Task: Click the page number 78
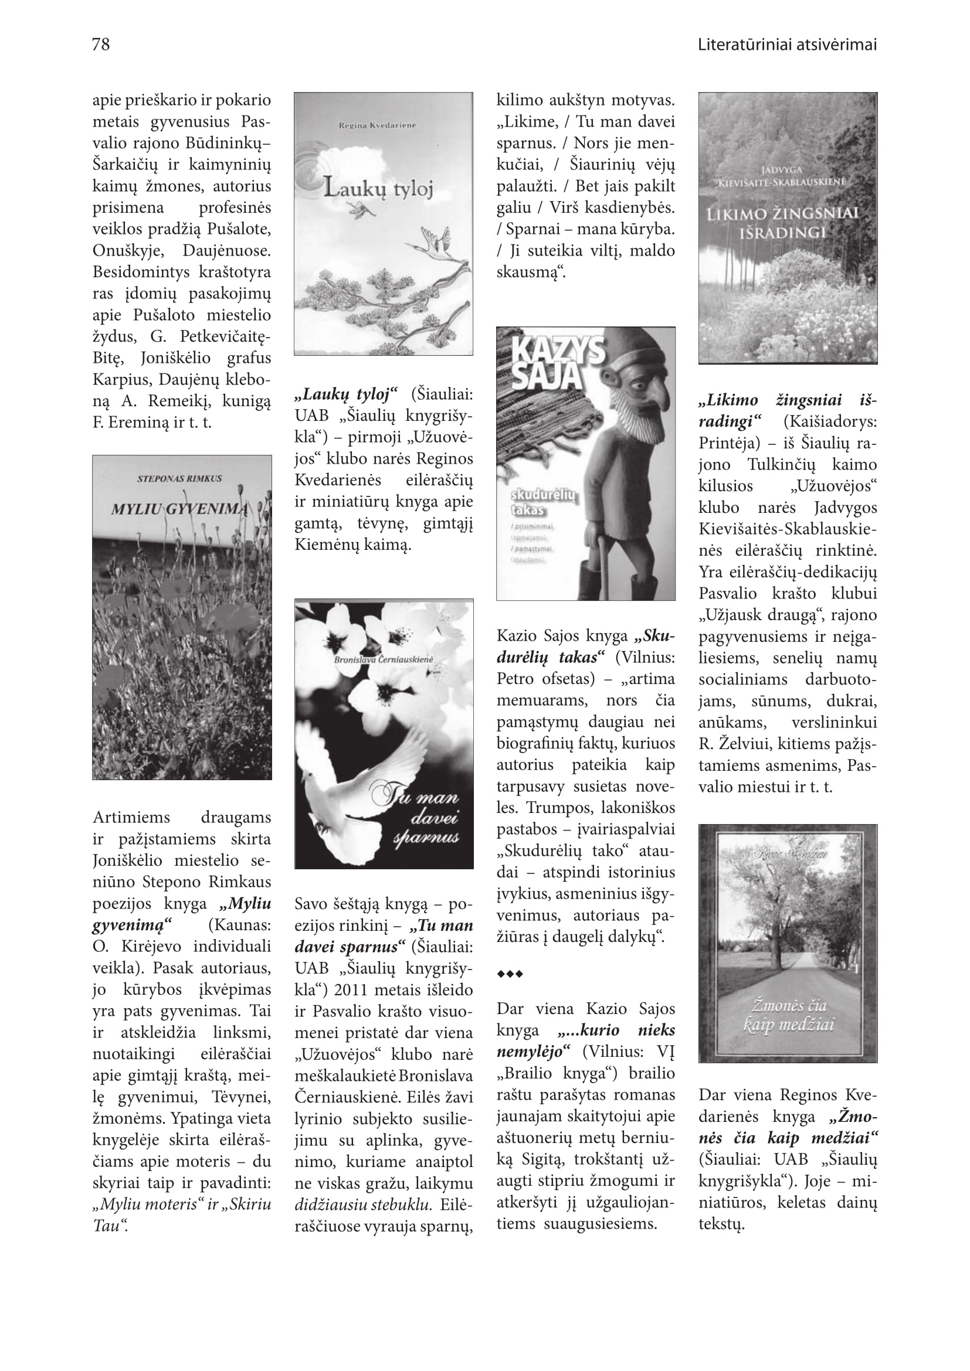point(101,45)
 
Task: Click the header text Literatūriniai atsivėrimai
point(786,45)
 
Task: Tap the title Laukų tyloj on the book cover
point(378,189)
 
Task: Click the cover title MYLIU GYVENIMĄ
point(179,509)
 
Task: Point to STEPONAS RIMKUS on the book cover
point(179,479)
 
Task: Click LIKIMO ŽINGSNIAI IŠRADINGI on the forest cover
point(782,223)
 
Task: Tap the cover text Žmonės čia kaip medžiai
point(788,1016)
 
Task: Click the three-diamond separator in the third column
point(510,974)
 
